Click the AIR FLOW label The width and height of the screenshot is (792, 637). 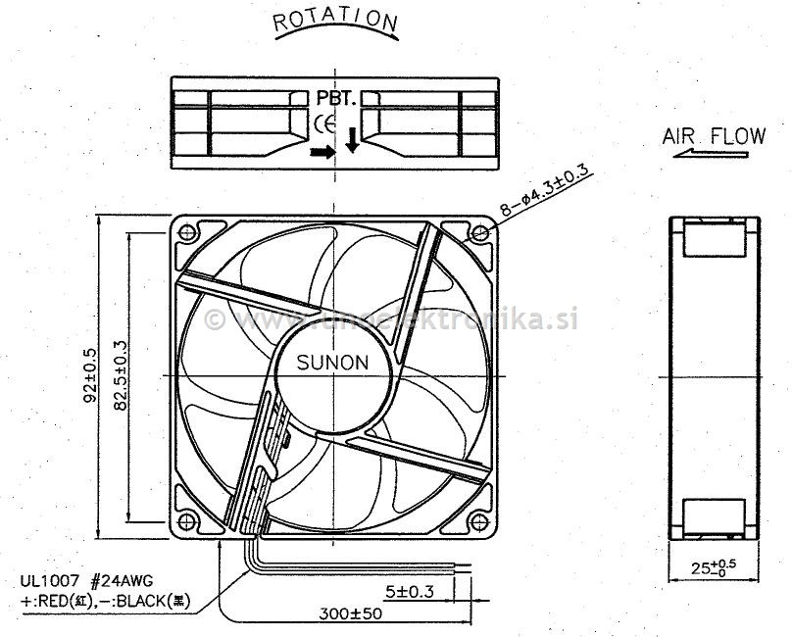tap(714, 136)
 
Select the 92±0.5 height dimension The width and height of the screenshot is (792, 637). tap(91, 376)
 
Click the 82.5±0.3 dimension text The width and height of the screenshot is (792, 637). tap(122, 376)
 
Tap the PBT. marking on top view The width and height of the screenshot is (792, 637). tap(336, 98)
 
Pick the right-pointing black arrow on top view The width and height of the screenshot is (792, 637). tap(322, 152)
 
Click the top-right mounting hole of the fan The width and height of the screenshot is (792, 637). tap(479, 232)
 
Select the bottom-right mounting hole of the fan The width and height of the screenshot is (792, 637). tap(479, 519)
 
